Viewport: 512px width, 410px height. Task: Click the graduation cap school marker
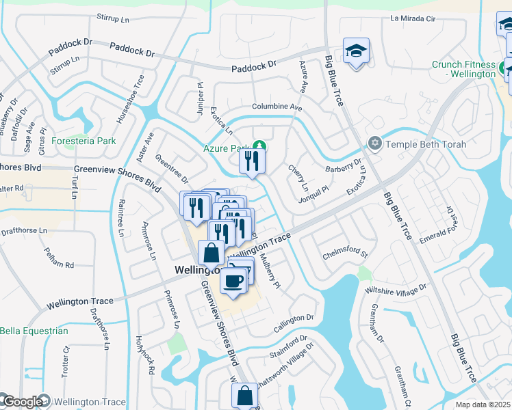pyautogui.click(x=356, y=51)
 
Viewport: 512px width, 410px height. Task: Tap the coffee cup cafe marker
pyautogui.click(x=233, y=281)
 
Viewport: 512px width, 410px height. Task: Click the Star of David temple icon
pyautogui.click(x=374, y=143)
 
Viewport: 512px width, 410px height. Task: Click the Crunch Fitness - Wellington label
pyautogui.click(x=463, y=69)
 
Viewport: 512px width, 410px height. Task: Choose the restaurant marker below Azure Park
pyautogui.click(x=251, y=161)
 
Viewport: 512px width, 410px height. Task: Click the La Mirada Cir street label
pyautogui.click(x=413, y=18)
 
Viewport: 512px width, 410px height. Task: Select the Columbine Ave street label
pyautogui.click(x=277, y=107)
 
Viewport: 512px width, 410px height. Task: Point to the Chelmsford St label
pyautogui.click(x=346, y=256)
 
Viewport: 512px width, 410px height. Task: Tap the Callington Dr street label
pyautogui.click(x=295, y=318)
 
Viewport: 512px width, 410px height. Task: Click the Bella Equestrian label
pyautogui.click(x=34, y=331)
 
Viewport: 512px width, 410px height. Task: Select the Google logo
pyautogui.click(x=22, y=402)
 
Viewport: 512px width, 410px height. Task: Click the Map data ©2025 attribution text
pyautogui.click(x=483, y=405)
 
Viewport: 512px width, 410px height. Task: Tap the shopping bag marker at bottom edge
pyautogui.click(x=244, y=395)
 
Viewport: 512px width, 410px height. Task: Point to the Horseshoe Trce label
pyautogui.click(x=130, y=99)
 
